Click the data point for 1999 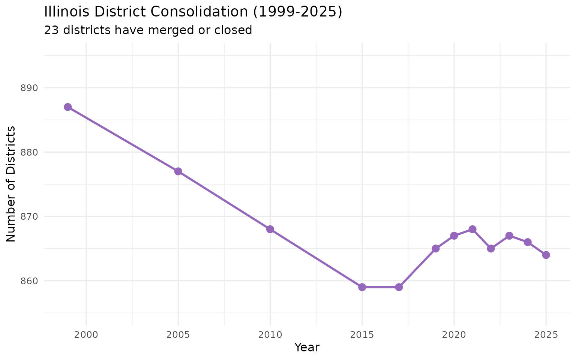(68, 107)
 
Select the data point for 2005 (178, 171)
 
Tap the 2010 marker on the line (270, 229)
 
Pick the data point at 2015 (362, 287)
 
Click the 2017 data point (399, 287)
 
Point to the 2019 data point (436, 249)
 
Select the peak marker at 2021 (472, 229)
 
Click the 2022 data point (491, 249)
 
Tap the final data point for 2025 (546, 255)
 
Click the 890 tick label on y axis (30, 88)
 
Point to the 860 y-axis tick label (30, 281)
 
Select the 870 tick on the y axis (30, 217)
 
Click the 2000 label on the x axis (86, 334)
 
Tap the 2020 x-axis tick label (454, 334)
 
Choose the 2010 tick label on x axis (270, 334)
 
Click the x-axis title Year (307, 348)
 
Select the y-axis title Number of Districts (11, 184)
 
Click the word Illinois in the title (67, 12)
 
